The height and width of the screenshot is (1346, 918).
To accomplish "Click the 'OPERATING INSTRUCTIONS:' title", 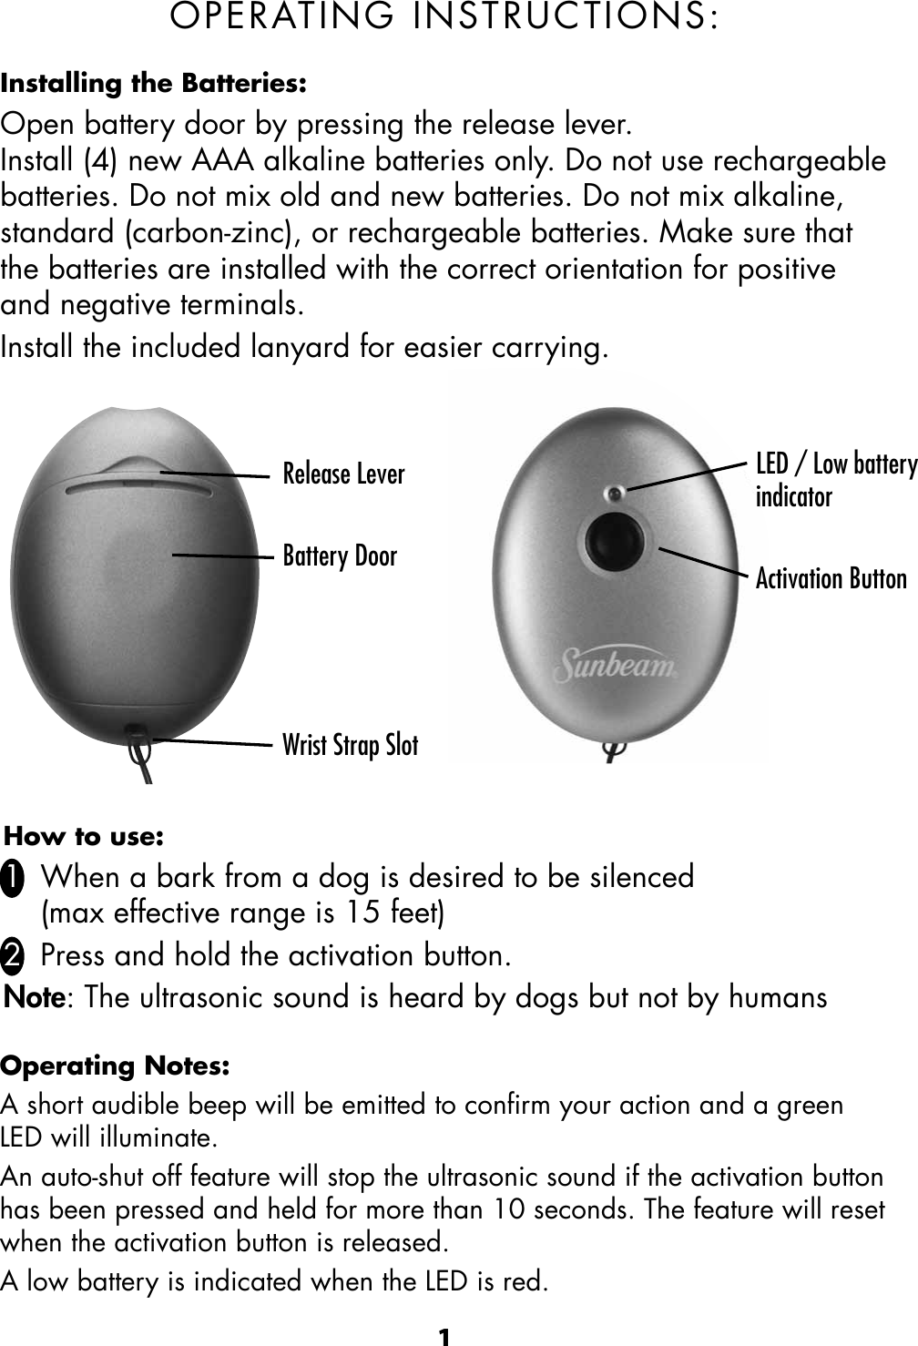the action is (444, 18).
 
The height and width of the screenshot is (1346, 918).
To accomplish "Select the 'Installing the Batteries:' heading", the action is (153, 84).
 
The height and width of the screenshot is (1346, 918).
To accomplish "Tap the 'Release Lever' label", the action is (343, 474).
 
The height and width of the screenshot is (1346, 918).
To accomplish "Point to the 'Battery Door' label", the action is (340, 556).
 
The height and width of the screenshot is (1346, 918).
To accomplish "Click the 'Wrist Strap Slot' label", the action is (350, 745).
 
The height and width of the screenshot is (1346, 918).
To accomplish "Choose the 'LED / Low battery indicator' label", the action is (835, 480).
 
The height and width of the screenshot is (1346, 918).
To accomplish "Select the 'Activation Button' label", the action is (831, 578).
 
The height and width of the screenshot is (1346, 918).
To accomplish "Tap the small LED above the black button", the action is (616, 494).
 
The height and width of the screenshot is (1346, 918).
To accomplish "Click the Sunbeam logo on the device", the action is (617, 666).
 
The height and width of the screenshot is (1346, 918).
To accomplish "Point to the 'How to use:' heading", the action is (85, 836).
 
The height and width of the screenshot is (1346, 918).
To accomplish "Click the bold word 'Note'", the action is (35, 997).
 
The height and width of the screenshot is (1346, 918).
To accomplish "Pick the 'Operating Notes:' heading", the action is (115, 1066).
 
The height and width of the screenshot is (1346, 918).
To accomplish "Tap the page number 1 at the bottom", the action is (444, 1336).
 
